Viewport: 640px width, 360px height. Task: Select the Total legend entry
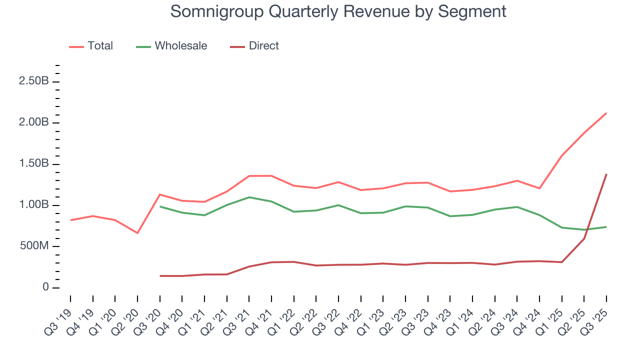[100, 46]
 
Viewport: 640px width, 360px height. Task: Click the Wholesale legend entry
[180, 46]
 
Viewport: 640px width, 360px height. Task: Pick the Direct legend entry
[263, 46]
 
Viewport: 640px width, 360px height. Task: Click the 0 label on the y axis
[45, 287]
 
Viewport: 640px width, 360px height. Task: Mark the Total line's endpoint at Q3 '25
[606, 113]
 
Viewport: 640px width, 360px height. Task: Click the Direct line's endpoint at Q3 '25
[606, 174]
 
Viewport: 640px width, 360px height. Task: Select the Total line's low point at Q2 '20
[137, 233]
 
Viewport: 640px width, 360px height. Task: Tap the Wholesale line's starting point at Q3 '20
[160, 206]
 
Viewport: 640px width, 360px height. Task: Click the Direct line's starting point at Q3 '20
[160, 275]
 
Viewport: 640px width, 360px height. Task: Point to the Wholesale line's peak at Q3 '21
[249, 197]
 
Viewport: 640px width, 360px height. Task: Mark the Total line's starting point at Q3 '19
[70, 220]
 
